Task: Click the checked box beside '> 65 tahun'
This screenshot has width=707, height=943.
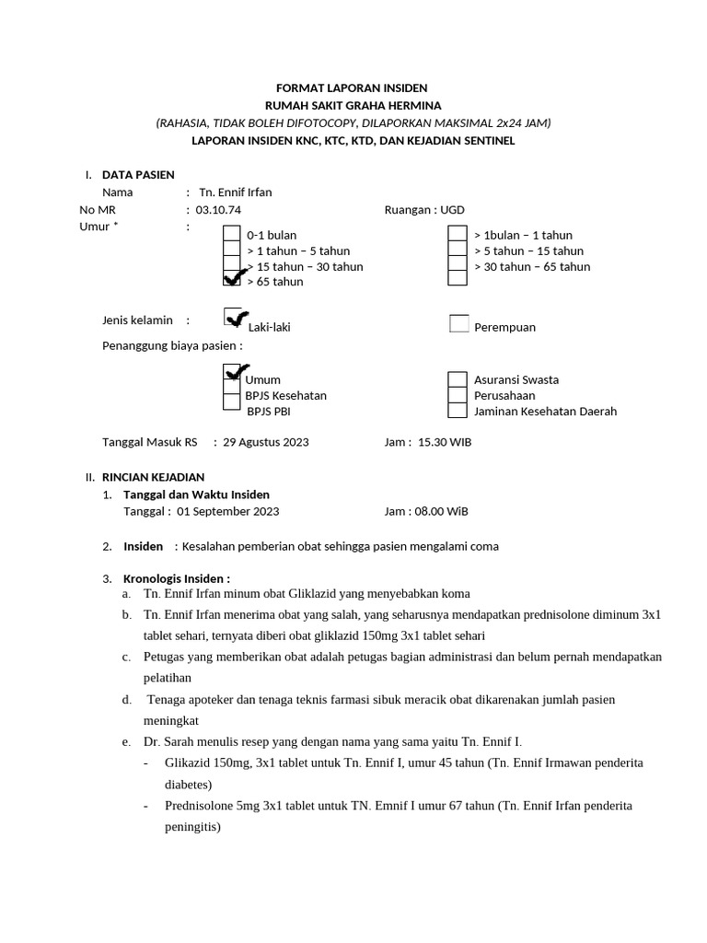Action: tap(233, 280)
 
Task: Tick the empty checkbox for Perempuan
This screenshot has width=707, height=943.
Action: tap(458, 323)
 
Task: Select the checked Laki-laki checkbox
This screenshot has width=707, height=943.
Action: tap(234, 318)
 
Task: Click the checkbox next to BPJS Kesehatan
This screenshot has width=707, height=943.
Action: tap(232, 396)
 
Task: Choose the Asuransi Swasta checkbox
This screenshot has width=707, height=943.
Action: tap(457, 379)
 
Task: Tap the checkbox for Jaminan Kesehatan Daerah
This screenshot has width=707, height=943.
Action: tap(457, 412)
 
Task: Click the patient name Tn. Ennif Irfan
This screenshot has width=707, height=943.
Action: tap(236, 192)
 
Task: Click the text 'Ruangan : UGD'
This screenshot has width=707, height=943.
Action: tap(424, 210)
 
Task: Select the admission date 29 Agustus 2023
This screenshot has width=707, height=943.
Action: tap(266, 442)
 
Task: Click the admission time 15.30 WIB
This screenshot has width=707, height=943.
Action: tap(445, 442)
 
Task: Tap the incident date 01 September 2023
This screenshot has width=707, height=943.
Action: tap(228, 511)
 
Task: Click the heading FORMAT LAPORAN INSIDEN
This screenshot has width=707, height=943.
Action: tap(353, 88)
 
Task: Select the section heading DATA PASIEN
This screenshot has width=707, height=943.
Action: tap(138, 174)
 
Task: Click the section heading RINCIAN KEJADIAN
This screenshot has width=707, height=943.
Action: tap(153, 477)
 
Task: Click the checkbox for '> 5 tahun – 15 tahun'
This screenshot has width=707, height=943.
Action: tap(457, 250)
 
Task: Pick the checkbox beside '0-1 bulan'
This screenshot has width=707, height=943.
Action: tap(232, 235)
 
